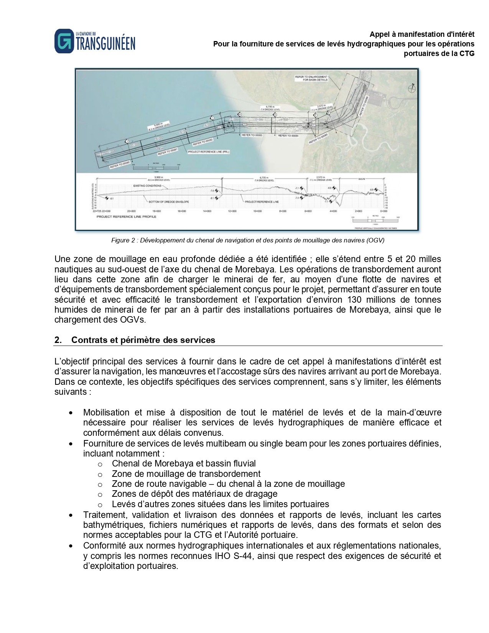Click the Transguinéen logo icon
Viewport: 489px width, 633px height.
[x=64, y=41]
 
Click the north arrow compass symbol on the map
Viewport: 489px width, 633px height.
[x=412, y=88]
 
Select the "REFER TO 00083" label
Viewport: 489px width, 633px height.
[x=252, y=135]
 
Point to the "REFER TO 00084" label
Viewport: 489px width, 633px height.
[x=288, y=136]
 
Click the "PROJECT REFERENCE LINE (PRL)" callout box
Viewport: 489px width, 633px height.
[x=208, y=152]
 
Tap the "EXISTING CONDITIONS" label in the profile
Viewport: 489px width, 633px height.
[x=147, y=186]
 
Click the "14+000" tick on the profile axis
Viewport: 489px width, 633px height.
[x=207, y=211]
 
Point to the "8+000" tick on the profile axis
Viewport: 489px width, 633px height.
[x=283, y=211]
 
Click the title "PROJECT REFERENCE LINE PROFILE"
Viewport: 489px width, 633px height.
[x=126, y=217]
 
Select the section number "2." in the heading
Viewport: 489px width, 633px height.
[x=58, y=340]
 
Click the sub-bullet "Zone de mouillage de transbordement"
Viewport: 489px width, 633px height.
[x=186, y=474]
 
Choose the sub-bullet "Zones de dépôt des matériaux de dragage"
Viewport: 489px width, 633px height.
[x=194, y=494]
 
